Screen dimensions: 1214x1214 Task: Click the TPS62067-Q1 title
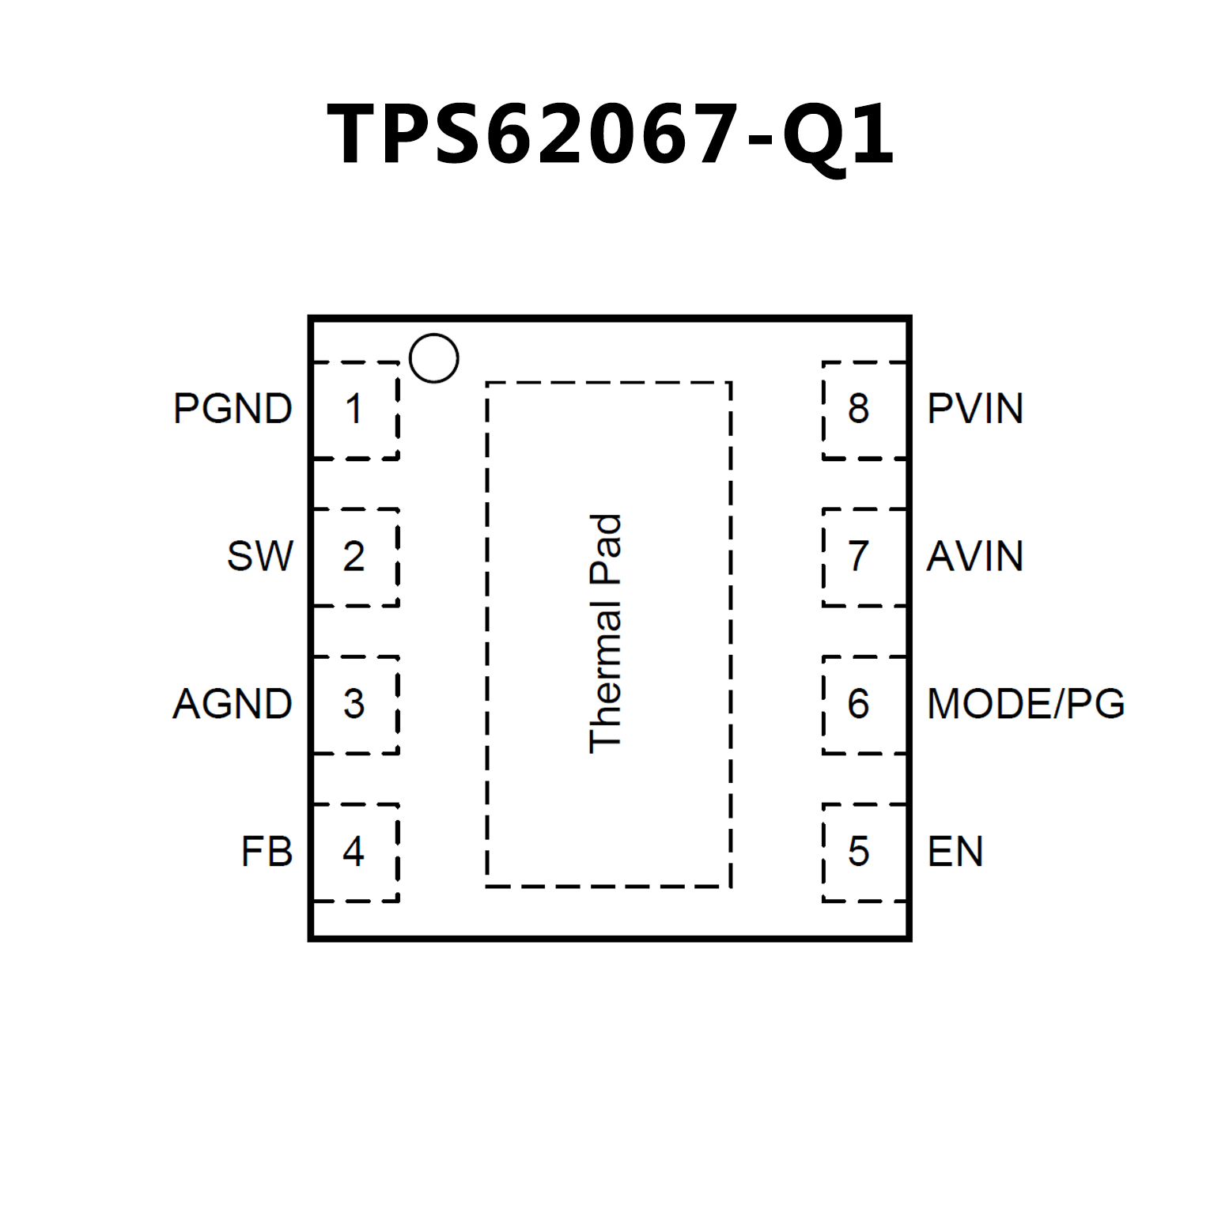click(x=611, y=134)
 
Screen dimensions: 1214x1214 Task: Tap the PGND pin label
click(x=233, y=409)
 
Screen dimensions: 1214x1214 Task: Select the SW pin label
click(x=259, y=556)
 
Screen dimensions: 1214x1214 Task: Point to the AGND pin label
click(x=233, y=704)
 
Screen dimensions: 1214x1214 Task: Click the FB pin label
click(x=267, y=852)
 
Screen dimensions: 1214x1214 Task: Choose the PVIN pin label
click(x=975, y=409)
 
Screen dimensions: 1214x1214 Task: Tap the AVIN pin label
click(x=975, y=556)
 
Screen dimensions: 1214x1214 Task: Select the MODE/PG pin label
click(x=1026, y=704)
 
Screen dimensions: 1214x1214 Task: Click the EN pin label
click(x=955, y=852)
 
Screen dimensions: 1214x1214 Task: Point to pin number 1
click(x=354, y=409)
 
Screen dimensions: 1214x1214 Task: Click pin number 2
click(x=354, y=556)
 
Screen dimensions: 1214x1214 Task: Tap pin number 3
click(x=354, y=704)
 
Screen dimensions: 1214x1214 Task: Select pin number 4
click(x=354, y=852)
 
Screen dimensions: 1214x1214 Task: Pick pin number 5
click(x=858, y=852)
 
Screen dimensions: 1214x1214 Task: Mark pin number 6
click(x=858, y=704)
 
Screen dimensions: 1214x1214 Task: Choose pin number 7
click(x=858, y=556)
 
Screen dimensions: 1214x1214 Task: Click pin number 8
click(x=858, y=409)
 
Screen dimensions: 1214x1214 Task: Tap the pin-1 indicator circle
click(x=434, y=358)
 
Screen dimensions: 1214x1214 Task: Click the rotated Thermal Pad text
click(x=606, y=633)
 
